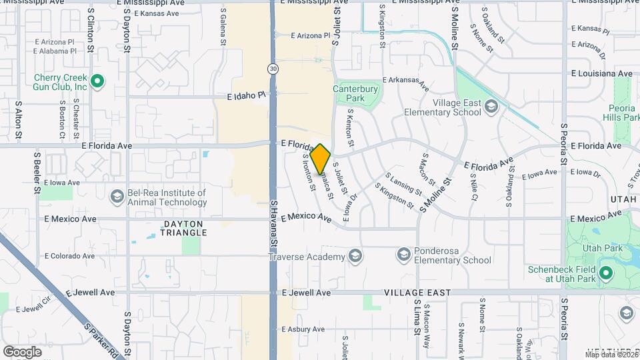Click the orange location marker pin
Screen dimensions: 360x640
321,159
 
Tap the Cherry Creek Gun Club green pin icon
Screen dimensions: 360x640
97,82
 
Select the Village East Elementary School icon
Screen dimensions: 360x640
491,106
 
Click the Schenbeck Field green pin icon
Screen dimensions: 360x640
605,273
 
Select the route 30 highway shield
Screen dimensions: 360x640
273,69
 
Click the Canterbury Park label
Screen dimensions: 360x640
355,93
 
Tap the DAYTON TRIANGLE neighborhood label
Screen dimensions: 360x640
183,228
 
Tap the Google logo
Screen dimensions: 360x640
22,351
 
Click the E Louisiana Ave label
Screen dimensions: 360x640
602,73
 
